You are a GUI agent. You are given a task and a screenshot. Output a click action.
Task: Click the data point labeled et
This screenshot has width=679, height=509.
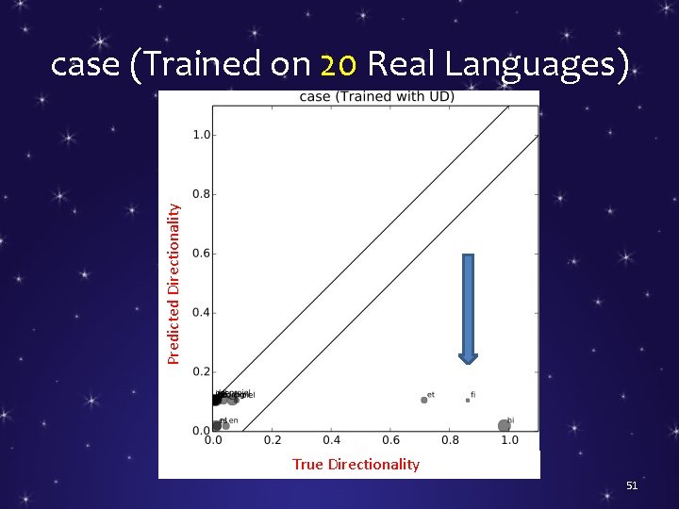[424, 400]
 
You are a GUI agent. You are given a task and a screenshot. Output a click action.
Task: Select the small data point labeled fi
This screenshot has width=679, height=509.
[468, 400]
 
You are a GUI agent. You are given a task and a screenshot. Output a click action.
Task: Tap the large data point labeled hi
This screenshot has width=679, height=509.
[505, 426]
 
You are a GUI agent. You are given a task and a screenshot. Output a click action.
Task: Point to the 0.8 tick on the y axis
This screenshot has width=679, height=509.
[201, 194]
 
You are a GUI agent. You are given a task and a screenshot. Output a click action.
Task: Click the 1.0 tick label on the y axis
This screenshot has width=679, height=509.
[201, 135]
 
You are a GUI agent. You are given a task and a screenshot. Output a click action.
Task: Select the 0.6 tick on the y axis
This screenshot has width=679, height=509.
[201, 254]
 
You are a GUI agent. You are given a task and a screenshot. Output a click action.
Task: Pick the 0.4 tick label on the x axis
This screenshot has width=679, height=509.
[332, 440]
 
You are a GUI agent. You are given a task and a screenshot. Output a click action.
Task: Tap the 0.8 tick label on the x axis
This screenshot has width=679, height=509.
[450, 440]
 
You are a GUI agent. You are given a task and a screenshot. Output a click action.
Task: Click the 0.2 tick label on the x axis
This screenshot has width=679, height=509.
[273, 440]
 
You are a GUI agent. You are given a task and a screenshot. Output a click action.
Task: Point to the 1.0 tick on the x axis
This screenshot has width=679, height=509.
[509, 440]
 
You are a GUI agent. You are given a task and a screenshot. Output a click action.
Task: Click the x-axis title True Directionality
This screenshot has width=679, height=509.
[356, 464]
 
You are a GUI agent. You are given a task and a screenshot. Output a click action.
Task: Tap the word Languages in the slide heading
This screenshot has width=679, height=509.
[536, 65]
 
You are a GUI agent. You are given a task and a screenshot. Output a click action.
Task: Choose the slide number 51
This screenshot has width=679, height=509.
[633, 485]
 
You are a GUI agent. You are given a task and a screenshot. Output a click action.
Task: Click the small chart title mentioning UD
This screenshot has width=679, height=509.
[376, 96]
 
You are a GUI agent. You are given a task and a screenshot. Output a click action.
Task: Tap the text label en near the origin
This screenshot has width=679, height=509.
[233, 420]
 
